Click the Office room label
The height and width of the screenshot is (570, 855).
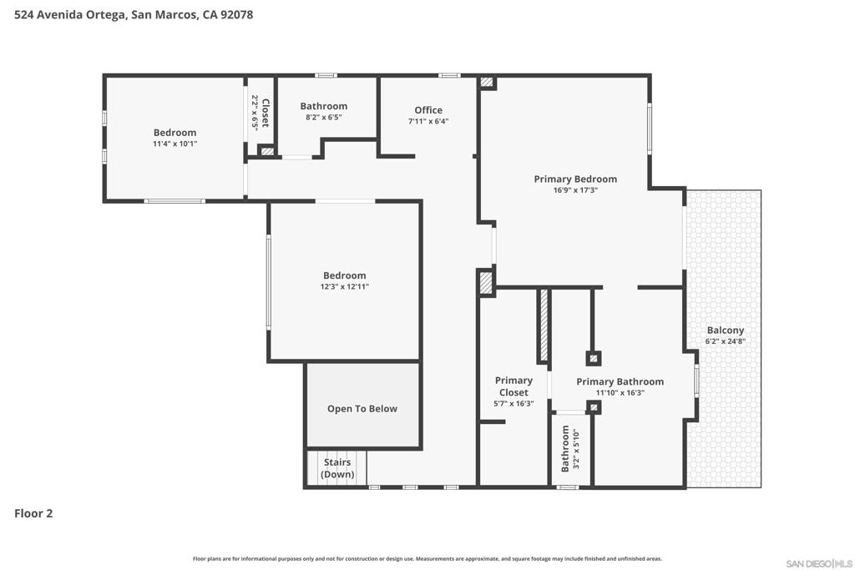pos(428,110)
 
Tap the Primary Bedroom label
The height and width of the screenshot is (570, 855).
pos(575,179)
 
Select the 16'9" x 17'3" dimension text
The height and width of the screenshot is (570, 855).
pos(575,190)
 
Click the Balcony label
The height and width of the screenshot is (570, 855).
pos(726,330)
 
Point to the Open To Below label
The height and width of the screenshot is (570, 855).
pos(362,409)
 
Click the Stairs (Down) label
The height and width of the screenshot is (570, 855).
pos(337,468)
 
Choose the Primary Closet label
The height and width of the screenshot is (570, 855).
pos(514,386)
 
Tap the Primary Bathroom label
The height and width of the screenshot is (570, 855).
pos(620,381)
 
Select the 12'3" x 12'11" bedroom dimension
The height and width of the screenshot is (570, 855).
pos(345,286)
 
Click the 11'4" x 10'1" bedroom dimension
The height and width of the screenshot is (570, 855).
pos(175,144)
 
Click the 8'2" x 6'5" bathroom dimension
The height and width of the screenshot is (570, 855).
pos(323,117)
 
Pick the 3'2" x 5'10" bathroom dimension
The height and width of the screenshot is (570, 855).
pos(576,449)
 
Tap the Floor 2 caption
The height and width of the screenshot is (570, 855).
pos(33,513)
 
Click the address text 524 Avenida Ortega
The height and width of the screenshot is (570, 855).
pos(70,15)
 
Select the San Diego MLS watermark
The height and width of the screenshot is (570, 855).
pos(819,563)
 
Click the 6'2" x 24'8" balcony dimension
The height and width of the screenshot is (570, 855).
pos(726,341)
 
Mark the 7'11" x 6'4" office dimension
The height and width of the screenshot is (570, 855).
pos(428,122)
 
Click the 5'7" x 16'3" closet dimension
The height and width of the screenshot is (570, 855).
pos(514,404)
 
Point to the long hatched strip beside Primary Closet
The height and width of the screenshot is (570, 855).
pos(544,325)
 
